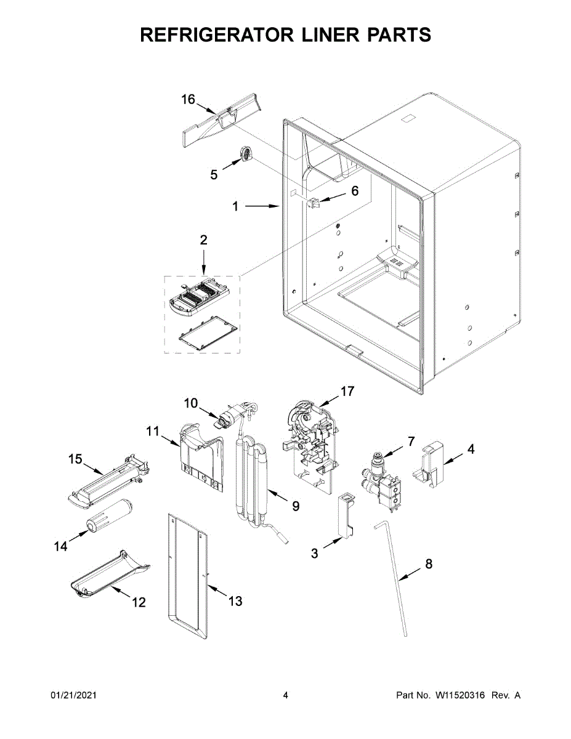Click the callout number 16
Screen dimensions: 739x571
[x=188, y=99]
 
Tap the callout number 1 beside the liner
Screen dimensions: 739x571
[x=235, y=207]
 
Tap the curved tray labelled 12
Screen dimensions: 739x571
[x=110, y=575]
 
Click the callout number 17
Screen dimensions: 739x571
[x=347, y=391]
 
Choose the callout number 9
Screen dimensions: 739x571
[x=296, y=506]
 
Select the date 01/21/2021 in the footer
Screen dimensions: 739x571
[x=73, y=695]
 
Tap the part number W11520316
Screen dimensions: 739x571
[x=461, y=695]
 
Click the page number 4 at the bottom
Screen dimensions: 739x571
[x=285, y=695]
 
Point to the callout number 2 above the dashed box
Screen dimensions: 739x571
[x=203, y=240]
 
